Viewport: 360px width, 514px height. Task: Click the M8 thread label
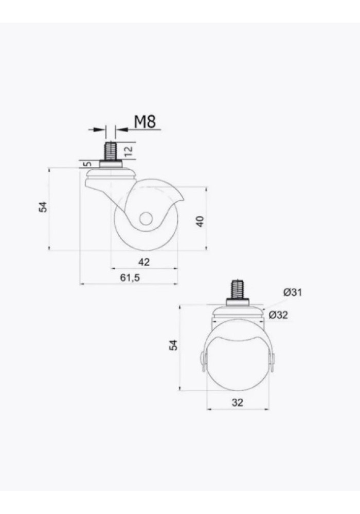point(145,122)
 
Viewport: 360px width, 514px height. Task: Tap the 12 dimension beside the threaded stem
point(128,151)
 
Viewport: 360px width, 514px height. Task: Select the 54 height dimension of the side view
point(43,207)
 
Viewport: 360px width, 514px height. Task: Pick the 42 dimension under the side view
point(144,262)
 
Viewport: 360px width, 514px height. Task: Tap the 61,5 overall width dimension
point(130,278)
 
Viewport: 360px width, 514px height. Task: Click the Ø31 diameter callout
point(293,292)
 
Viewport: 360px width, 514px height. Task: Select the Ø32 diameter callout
point(278,315)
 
